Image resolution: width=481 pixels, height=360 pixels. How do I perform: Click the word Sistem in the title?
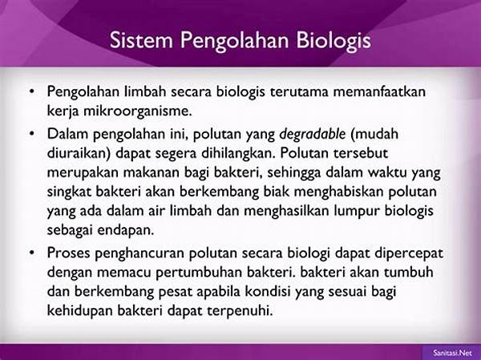[141, 40]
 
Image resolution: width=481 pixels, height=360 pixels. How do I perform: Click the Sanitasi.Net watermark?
[452, 353]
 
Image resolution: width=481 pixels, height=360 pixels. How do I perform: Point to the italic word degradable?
[313, 134]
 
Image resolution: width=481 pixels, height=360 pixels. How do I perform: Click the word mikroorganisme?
[138, 111]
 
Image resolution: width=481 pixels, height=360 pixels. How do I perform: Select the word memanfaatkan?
[379, 91]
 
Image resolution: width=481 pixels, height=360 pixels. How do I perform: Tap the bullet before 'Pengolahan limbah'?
[31, 91]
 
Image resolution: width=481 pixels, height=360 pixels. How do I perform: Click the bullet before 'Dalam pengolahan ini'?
[31, 134]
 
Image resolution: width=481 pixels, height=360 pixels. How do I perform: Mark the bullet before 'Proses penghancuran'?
[31, 253]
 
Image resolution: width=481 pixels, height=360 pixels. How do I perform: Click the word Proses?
[69, 253]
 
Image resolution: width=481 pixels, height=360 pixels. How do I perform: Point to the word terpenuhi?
[240, 311]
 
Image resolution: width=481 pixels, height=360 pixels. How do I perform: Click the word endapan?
[125, 230]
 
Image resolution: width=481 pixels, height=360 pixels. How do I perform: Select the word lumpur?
[357, 212]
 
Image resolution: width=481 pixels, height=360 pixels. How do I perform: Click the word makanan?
[152, 173]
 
